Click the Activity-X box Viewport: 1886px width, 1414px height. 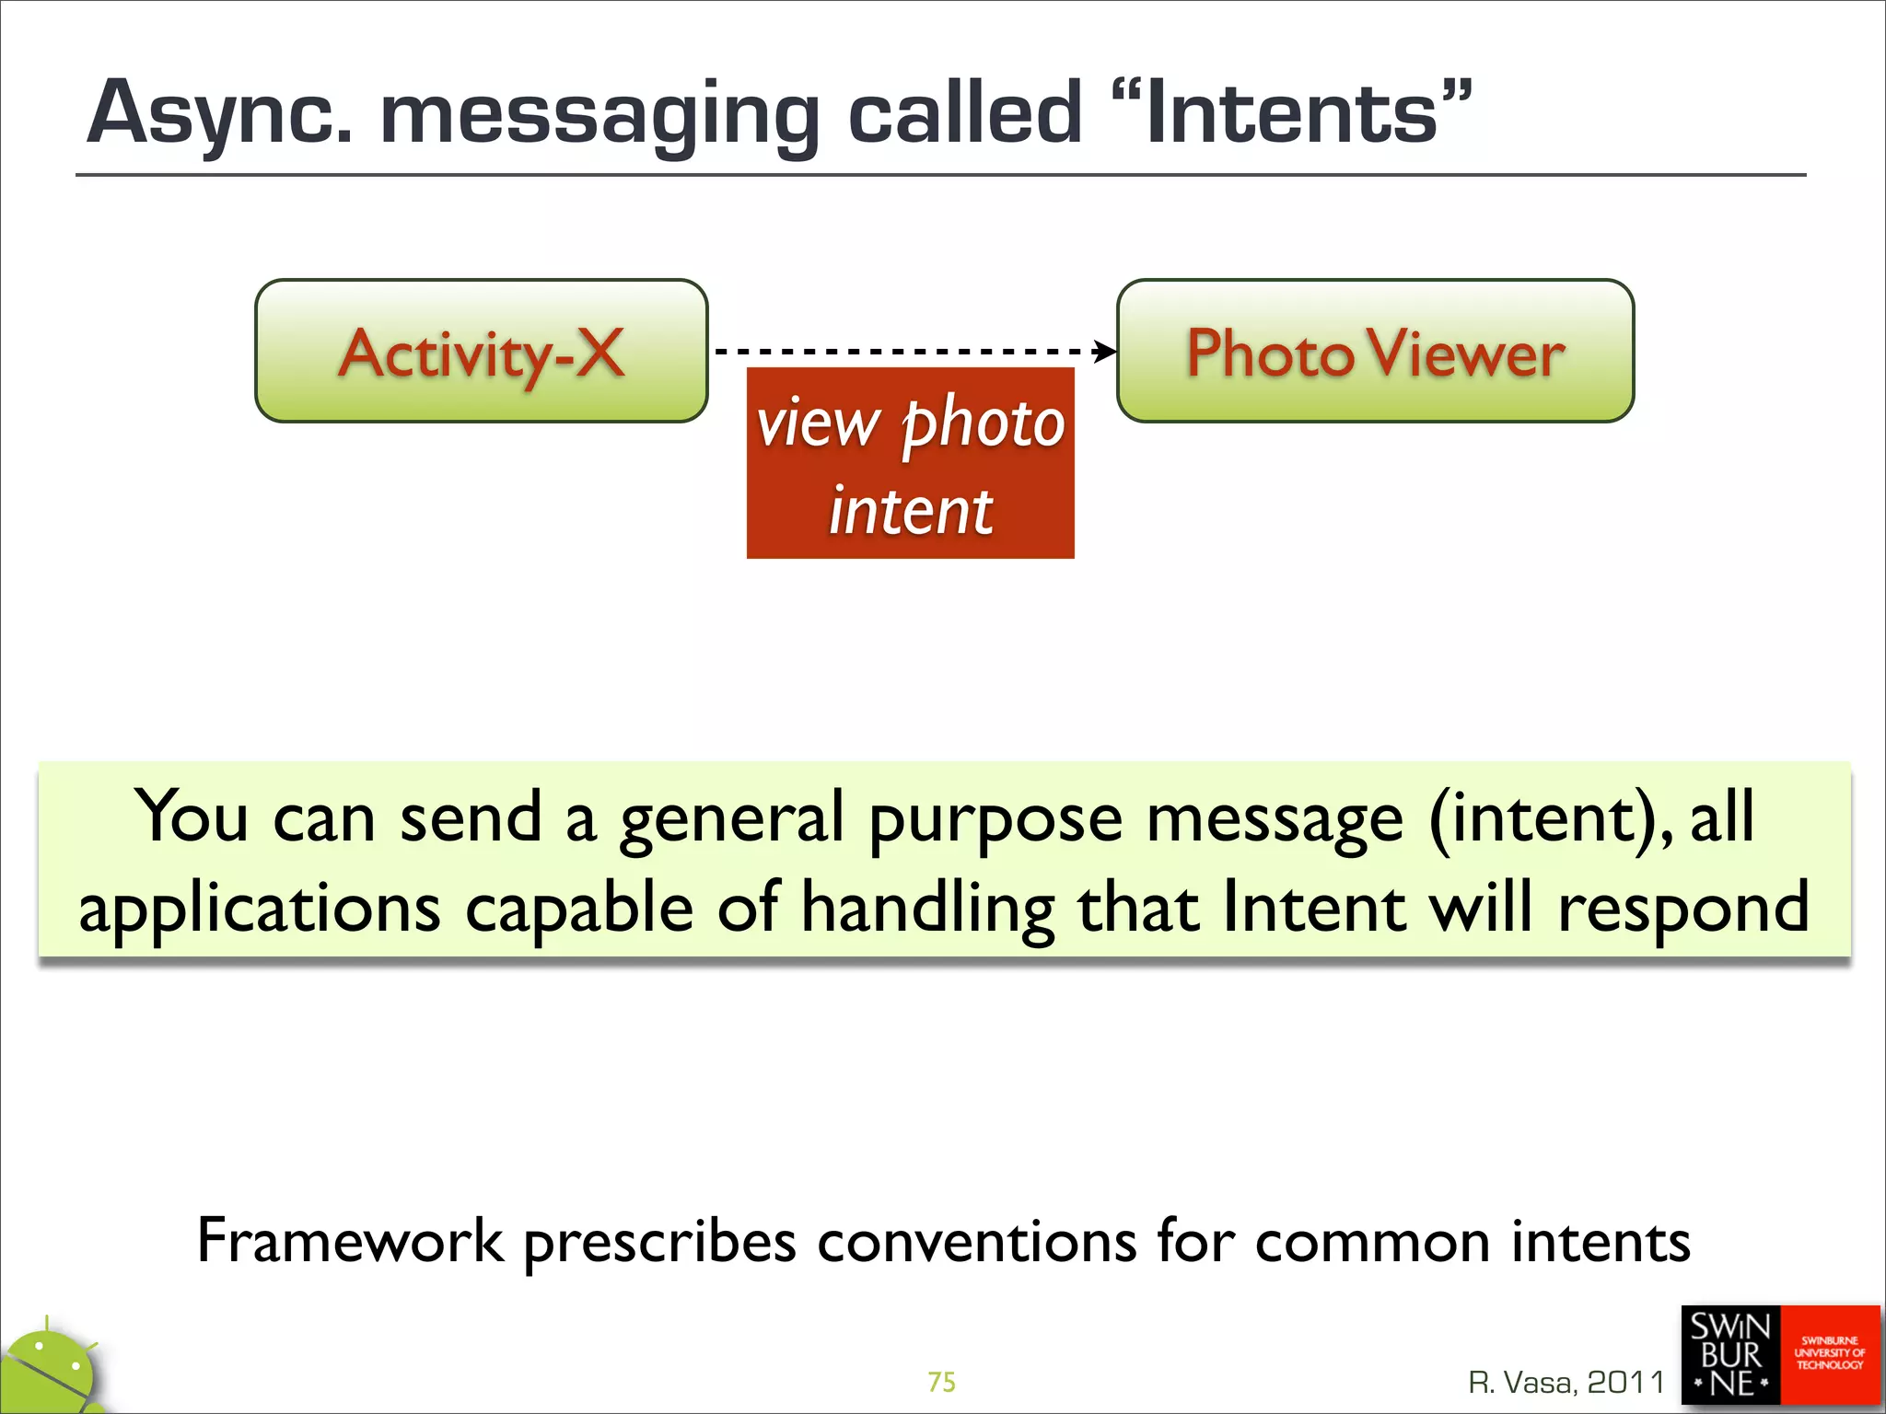(481, 352)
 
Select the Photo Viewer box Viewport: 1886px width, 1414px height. (1375, 352)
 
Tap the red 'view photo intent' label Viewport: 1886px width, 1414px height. (910, 463)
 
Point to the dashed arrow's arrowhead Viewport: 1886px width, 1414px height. (1106, 351)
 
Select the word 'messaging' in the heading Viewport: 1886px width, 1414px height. (600, 116)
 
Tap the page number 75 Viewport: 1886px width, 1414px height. (941, 1382)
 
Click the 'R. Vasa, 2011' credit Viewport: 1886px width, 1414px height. (1566, 1382)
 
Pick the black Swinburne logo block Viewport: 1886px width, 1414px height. (1730, 1356)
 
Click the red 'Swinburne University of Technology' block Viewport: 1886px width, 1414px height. (1829, 1354)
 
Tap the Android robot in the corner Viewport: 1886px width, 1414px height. (51, 1371)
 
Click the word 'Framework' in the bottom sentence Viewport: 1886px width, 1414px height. (350, 1241)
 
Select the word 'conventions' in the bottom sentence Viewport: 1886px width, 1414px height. (976, 1241)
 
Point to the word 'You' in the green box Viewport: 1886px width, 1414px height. (192, 817)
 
